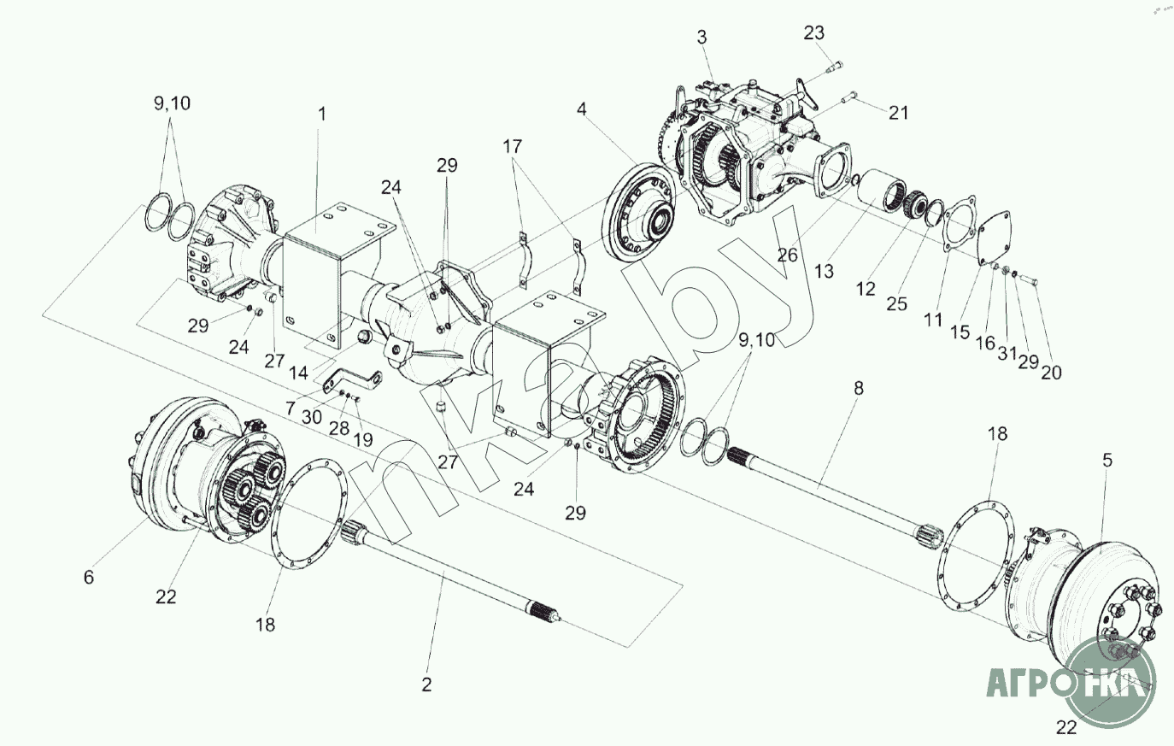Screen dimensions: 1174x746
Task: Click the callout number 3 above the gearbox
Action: [701, 38]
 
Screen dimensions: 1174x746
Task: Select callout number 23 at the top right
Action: [814, 33]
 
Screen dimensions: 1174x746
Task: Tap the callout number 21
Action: [898, 113]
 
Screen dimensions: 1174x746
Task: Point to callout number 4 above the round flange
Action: [582, 109]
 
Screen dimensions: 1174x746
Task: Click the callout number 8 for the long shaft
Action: [858, 389]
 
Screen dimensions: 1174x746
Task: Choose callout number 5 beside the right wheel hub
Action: [1106, 461]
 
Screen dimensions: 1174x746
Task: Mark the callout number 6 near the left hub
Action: [89, 577]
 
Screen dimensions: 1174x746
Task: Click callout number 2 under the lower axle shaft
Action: [426, 684]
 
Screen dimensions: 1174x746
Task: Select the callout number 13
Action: [824, 272]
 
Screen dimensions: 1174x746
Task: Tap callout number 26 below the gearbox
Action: [787, 256]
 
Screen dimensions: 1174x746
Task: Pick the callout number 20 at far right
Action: [1051, 373]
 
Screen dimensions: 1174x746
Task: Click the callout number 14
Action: [299, 373]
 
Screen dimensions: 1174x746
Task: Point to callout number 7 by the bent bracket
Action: [291, 408]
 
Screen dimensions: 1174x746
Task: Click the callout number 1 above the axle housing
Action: [322, 114]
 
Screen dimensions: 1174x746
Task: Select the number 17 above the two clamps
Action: [513, 146]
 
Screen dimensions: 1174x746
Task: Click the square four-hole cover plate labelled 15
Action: [995, 238]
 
